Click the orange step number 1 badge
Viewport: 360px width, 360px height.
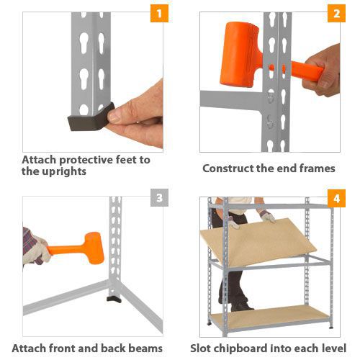159,14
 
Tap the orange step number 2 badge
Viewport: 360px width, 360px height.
336,14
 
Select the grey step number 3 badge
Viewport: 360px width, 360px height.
159,197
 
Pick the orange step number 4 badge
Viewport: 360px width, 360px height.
336,198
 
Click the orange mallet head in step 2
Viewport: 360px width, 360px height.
240,54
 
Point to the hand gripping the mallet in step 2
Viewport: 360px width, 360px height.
322,71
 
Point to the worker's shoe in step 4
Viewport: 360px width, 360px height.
241,307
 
